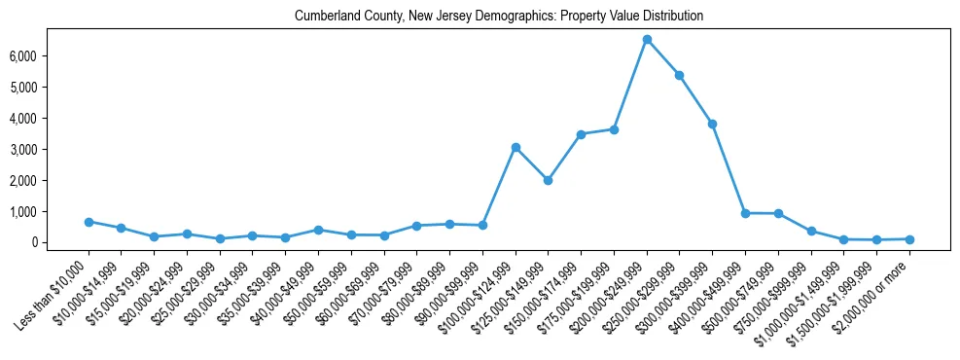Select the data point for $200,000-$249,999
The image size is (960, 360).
[647, 39]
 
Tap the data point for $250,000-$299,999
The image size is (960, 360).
[680, 75]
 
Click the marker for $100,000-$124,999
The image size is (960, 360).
[516, 147]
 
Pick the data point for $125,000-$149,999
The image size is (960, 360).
[549, 180]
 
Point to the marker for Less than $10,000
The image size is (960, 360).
[89, 222]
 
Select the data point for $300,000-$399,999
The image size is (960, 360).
[713, 124]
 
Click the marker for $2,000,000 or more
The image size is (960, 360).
[909, 239]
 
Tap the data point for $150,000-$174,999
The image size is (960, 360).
[581, 134]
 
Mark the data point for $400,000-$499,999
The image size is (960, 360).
[745, 213]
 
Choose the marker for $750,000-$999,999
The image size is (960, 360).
[811, 232]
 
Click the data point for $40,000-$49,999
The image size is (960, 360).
[318, 230]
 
